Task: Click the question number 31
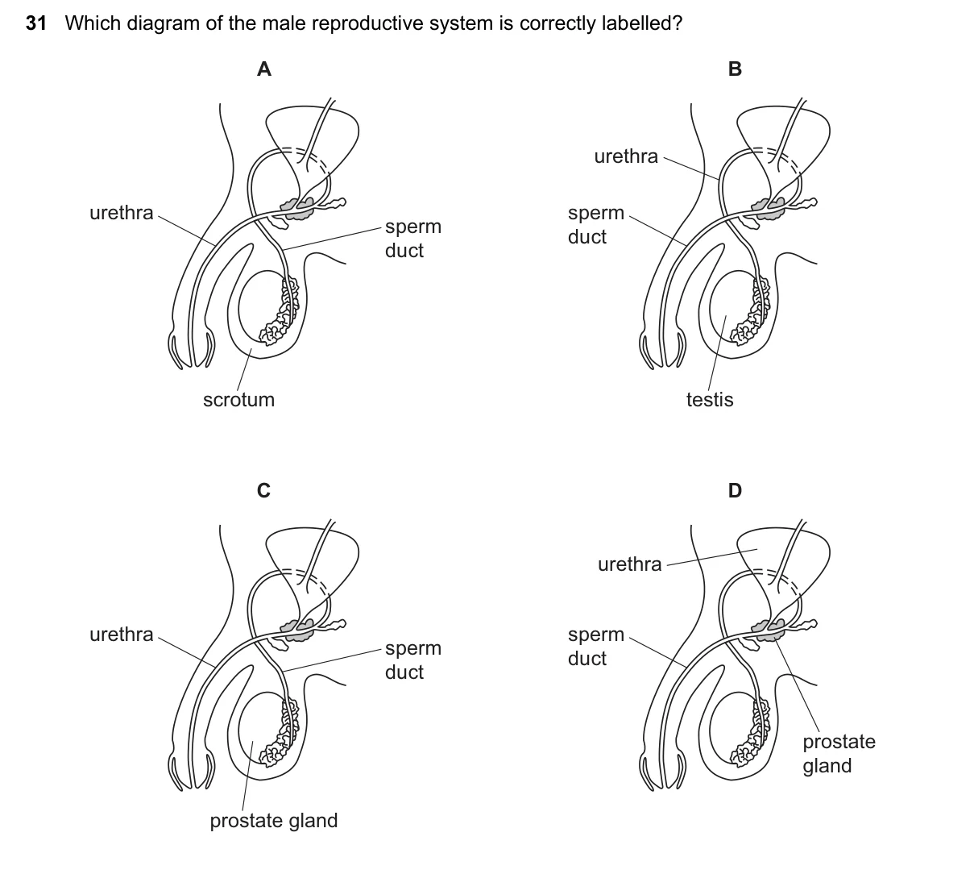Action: point(36,23)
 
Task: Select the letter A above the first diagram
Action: point(264,69)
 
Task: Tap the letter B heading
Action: point(735,69)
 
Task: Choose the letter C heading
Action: point(263,490)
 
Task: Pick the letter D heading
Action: point(735,490)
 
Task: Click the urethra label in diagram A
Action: point(121,212)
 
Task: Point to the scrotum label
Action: point(238,399)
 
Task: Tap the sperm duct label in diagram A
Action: point(413,238)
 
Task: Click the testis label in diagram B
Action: point(710,399)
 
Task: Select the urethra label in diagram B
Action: point(626,156)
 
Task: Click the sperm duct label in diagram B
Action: point(595,224)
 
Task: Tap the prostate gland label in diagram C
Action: point(274,821)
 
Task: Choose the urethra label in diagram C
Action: point(121,635)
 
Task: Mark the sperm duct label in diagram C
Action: point(413,660)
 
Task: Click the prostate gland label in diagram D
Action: point(839,754)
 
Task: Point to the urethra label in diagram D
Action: point(629,564)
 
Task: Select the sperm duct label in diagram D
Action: point(595,646)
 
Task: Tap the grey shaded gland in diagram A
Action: point(298,210)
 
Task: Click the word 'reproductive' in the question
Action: point(368,24)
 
